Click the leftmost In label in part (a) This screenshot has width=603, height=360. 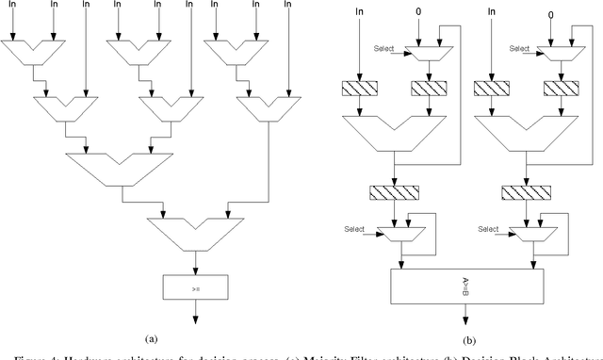(10, 6)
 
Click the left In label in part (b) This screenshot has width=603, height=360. (359, 10)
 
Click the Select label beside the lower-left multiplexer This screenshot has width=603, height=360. (354, 227)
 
